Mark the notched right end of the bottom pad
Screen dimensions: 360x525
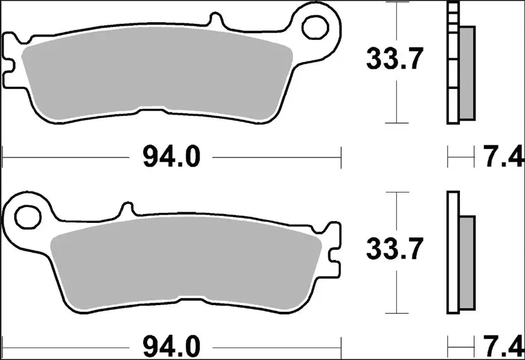[x=332, y=253]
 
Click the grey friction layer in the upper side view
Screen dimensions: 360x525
[x=467, y=73]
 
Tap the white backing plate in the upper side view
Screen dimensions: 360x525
[x=452, y=63]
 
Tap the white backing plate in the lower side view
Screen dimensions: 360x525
[x=452, y=253]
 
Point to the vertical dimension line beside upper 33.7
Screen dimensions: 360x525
[x=396, y=101]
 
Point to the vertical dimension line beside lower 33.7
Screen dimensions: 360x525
[x=396, y=291]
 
